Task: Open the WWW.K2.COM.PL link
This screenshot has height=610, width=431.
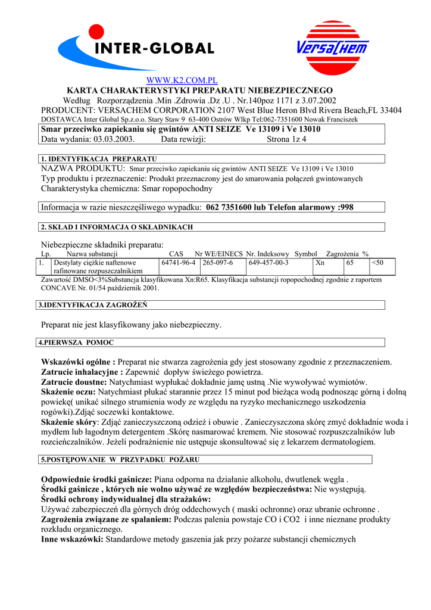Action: point(182,80)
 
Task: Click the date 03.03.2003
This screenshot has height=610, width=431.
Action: point(114,139)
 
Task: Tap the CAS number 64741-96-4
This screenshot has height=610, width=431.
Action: point(178,263)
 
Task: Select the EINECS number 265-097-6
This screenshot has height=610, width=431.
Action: point(218,263)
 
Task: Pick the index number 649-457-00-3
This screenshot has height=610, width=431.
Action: point(268,263)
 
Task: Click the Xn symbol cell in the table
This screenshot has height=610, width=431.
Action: point(320,263)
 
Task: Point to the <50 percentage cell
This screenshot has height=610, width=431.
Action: point(377,263)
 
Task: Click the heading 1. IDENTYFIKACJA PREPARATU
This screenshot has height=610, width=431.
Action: point(98,159)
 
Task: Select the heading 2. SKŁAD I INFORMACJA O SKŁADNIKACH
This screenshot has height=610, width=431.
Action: point(116,227)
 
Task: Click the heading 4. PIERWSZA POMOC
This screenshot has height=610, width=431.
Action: point(76,343)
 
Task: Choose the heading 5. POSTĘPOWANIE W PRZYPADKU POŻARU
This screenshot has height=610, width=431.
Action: point(120,460)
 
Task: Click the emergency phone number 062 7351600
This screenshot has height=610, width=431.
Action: point(232,207)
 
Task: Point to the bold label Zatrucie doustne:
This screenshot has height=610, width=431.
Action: point(74,382)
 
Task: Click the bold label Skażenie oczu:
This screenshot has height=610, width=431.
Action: point(68,393)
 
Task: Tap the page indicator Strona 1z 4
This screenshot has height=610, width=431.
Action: point(286,139)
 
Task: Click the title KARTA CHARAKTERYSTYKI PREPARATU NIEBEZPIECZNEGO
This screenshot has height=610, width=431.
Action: point(199,90)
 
